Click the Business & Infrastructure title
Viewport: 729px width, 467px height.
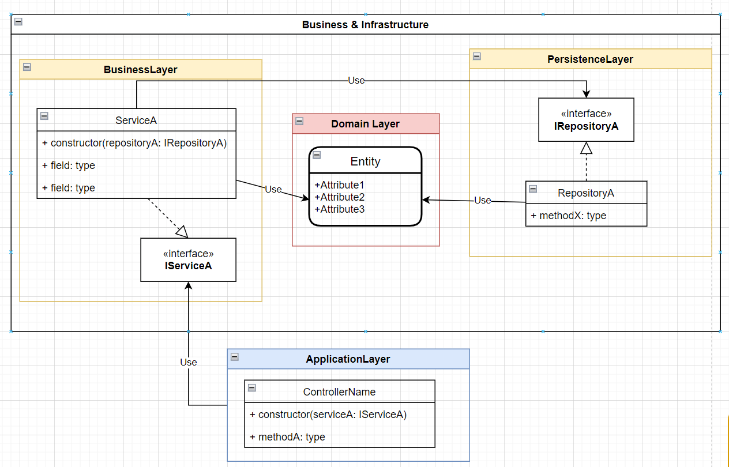click(x=365, y=25)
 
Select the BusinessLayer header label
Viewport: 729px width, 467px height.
click(x=140, y=70)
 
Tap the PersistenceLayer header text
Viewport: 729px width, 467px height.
click(x=590, y=59)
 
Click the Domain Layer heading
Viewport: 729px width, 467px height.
click(x=365, y=124)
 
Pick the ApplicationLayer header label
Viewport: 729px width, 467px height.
click(x=348, y=359)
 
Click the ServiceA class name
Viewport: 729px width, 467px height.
click(x=136, y=120)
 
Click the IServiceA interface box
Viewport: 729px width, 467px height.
click(x=188, y=260)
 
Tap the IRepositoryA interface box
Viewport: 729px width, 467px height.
click(x=586, y=120)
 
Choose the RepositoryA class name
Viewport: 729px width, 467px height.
click(x=586, y=193)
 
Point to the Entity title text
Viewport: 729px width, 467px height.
click(x=365, y=161)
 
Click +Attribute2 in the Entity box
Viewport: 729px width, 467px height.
click(x=340, y=197)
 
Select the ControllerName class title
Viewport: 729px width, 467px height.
click(x=339, y=392)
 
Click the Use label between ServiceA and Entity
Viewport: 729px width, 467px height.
click(x=273, y=189)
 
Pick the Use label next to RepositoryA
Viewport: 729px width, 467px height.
click(x=483, y=200)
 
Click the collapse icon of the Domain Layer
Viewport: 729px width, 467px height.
click(x=299, y=121)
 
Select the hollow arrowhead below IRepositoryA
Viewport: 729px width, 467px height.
click(x=586, y=148)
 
